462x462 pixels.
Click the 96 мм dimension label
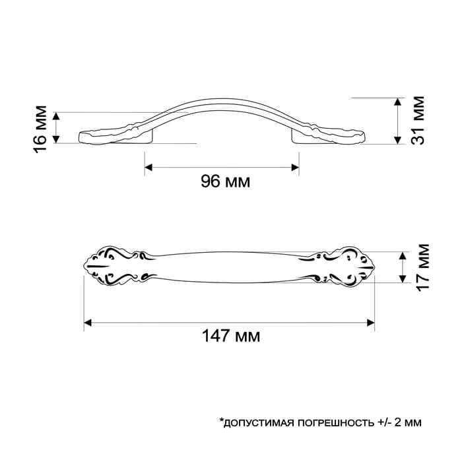click(x=226, y=181)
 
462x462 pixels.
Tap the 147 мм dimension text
click(x=231, y=335)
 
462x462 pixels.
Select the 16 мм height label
click(x=40, y=129)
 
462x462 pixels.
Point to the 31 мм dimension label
click(x=418, y=120)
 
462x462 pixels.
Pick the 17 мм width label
click(x=422, y=267)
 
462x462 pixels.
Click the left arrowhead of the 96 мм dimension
click(x=148, y=168)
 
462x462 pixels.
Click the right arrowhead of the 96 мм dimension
click(x=295, y=168)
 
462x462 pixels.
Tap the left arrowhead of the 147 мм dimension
click(x=88, y=322)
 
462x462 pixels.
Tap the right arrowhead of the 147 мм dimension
click(x=371, y=322)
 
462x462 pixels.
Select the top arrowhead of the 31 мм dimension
click(x=398, y=102)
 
